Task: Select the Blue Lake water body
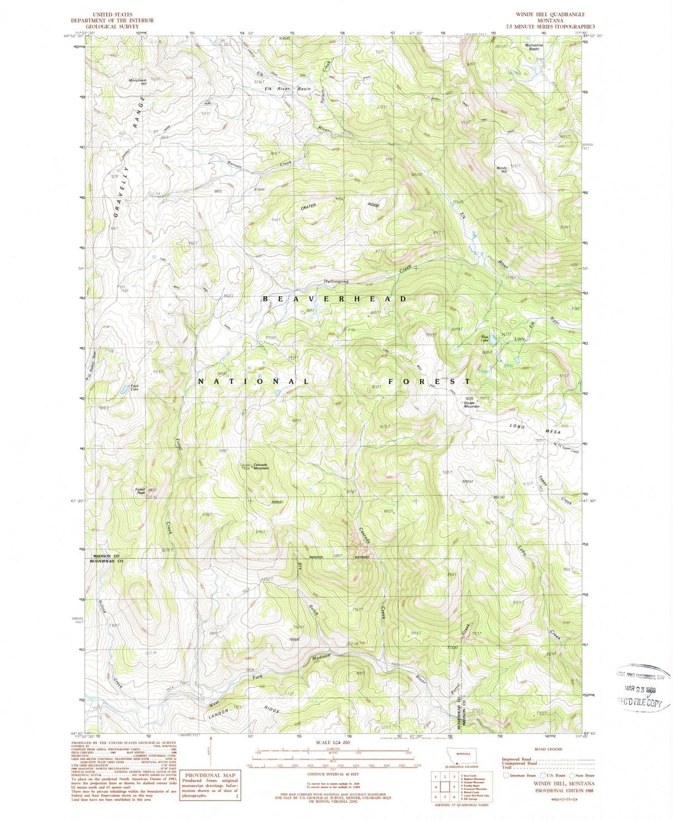[x=492, y=340]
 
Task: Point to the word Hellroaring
[x=336, y=281]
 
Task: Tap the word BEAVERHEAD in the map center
[x=335, y=298]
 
